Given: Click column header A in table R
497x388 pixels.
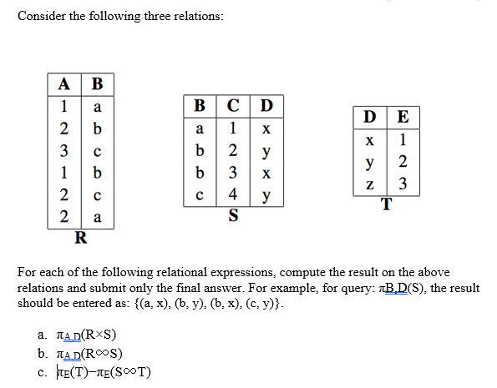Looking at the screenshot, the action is point(64,84).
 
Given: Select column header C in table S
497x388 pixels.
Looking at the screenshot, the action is point(233,105).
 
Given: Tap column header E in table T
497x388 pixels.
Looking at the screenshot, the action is point(403,117).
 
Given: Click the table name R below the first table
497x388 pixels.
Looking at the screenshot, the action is point(81,238).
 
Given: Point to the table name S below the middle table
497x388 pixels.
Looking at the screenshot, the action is point(233,215).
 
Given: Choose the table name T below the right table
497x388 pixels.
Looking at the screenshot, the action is point(387,204).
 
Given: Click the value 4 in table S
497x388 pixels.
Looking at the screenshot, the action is point(233,194).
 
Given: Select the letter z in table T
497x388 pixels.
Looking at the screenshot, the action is point(369,184).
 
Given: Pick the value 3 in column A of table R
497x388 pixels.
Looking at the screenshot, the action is point(64,151).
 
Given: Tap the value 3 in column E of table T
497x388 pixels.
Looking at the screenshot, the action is point(403,184).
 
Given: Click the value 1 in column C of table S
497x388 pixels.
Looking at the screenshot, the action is point(233,128).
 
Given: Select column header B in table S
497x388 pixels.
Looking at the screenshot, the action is point(200,105).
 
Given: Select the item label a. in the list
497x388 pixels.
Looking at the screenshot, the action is point(43,335).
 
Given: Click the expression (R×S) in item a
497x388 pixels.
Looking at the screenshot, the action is point(99,335).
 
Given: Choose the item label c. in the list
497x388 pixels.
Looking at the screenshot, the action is point(43,372).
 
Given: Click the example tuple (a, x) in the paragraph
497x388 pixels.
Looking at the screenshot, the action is point(152,304).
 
